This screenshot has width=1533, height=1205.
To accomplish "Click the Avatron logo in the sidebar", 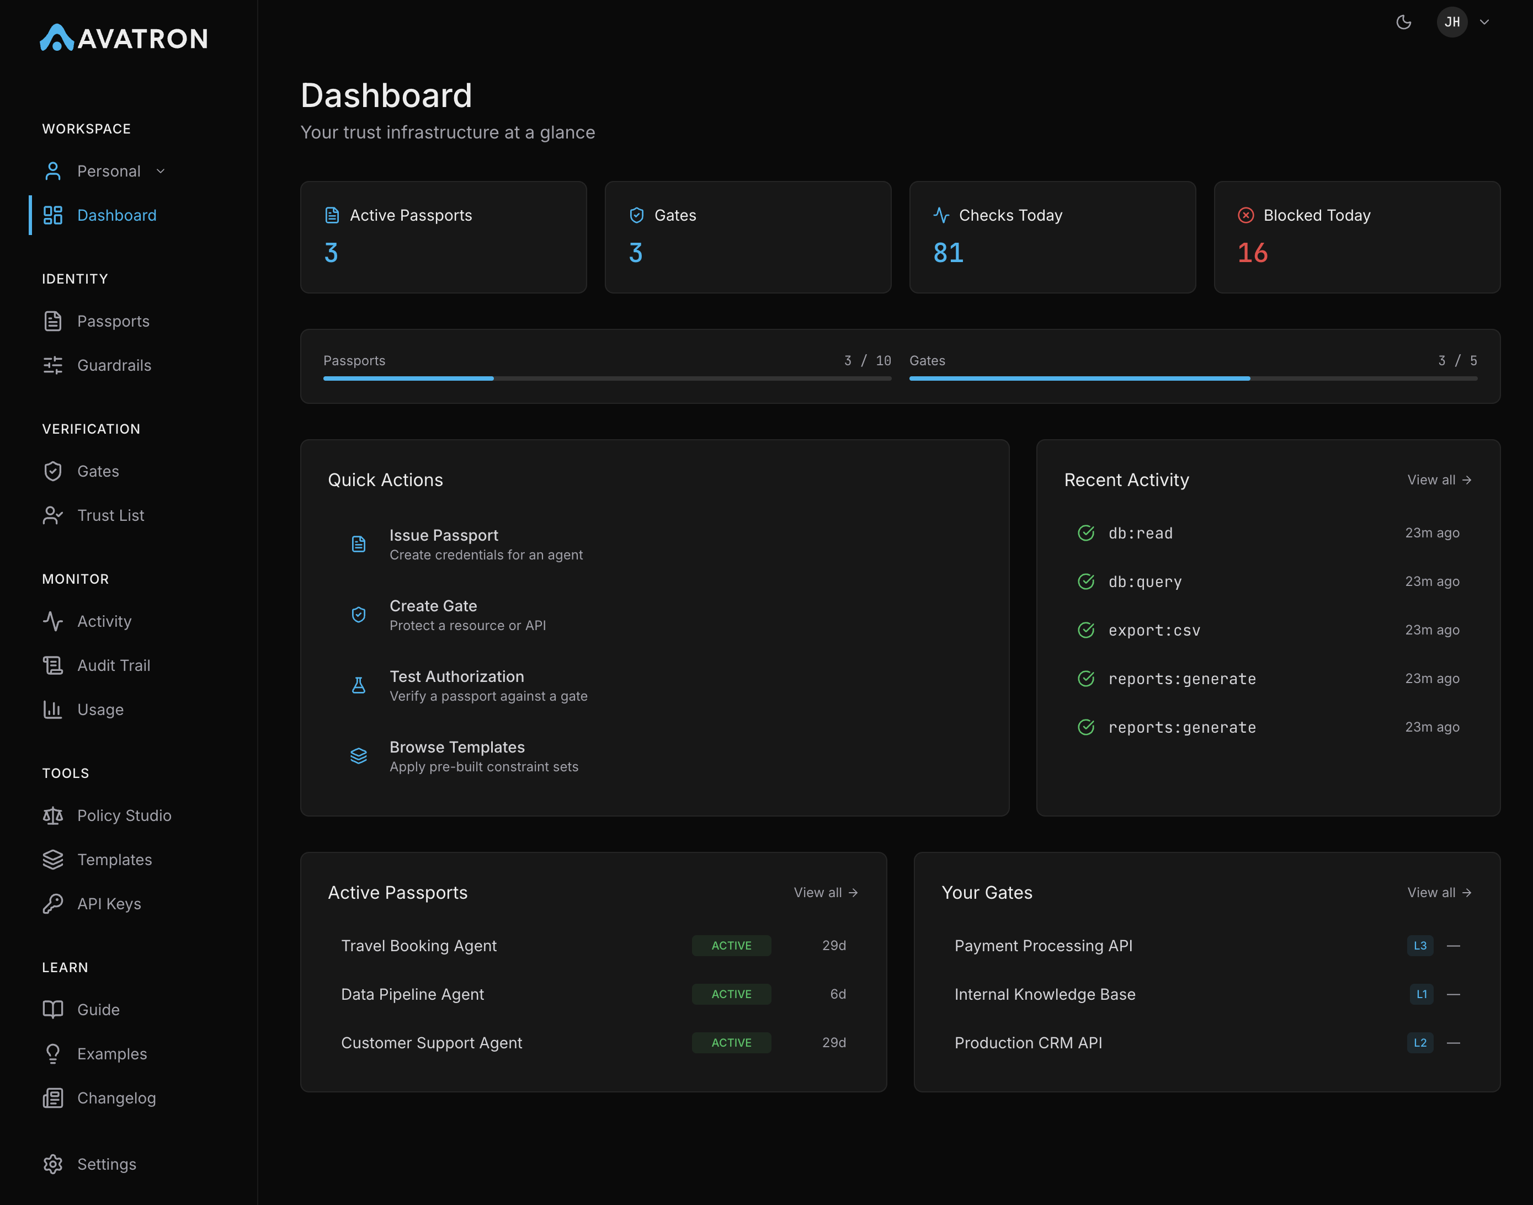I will click(x=124, y=38).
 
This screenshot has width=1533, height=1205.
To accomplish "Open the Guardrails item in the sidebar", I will click(x=114, y=365).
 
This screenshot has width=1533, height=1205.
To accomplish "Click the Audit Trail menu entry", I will click(x=113, y=665).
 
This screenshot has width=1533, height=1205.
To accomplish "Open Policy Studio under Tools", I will click(x=124, y=815).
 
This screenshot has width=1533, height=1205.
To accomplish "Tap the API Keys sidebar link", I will click(x=109, y=904).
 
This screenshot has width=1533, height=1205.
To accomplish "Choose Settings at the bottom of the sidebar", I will click(x=106, y=1164).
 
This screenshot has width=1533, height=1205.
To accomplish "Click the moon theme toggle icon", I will click(x=1403, y=22).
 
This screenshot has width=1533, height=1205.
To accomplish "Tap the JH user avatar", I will click(x=1452, y=22).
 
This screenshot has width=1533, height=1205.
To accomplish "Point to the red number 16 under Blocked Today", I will click(x=1253, y=253).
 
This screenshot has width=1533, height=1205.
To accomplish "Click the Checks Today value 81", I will click(x=948, y=253).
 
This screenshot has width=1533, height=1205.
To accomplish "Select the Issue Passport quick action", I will click(x=444, y=536).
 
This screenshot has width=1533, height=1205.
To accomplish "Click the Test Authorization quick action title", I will click(x=456, y=676).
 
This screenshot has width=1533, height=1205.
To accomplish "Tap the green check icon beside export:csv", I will click(x=1085, y=630).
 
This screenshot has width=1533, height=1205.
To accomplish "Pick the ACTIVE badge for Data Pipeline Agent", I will click(x=731, y=994).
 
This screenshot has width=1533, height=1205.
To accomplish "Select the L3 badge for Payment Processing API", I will click(x=1419, y=945).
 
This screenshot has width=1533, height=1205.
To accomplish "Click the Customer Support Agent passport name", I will click(x=431, y=1043).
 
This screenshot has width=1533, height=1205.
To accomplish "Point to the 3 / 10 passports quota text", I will click(x=867, y=360).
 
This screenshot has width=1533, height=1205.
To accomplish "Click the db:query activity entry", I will click(x=1145, y=582).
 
